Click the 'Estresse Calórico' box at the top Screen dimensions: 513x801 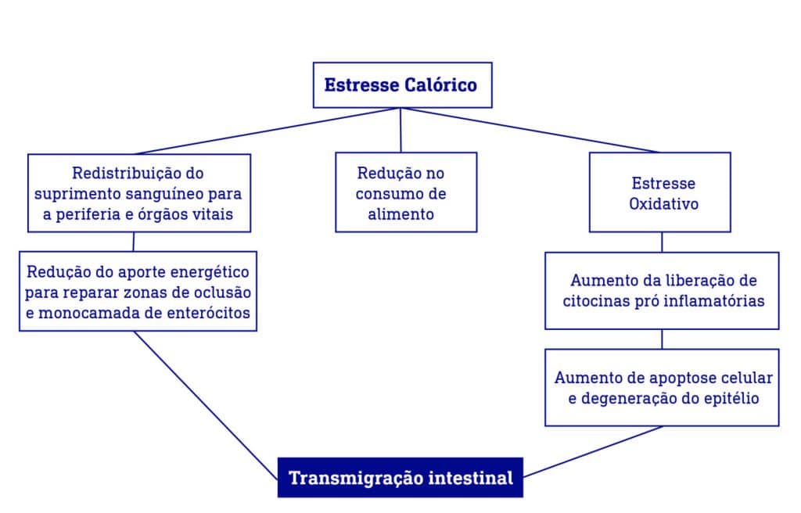tap(402, 84)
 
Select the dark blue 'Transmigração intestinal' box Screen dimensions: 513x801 tap(400, 477)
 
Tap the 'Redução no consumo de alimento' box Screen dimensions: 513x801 tap(406, 192)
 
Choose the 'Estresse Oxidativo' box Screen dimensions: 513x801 tap(659, 192)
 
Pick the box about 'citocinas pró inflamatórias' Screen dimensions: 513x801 tap(662, 290)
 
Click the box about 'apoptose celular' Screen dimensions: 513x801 tap(662, 387)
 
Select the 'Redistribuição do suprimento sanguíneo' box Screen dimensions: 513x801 tap(139, 192)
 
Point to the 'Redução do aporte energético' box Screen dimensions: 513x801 tap(138, 291)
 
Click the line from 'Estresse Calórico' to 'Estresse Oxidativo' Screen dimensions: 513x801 tap(532, 130)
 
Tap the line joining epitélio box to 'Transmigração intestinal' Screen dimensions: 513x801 tap(594, 451)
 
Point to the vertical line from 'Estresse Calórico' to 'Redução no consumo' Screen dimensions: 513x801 tap(400, 130)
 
